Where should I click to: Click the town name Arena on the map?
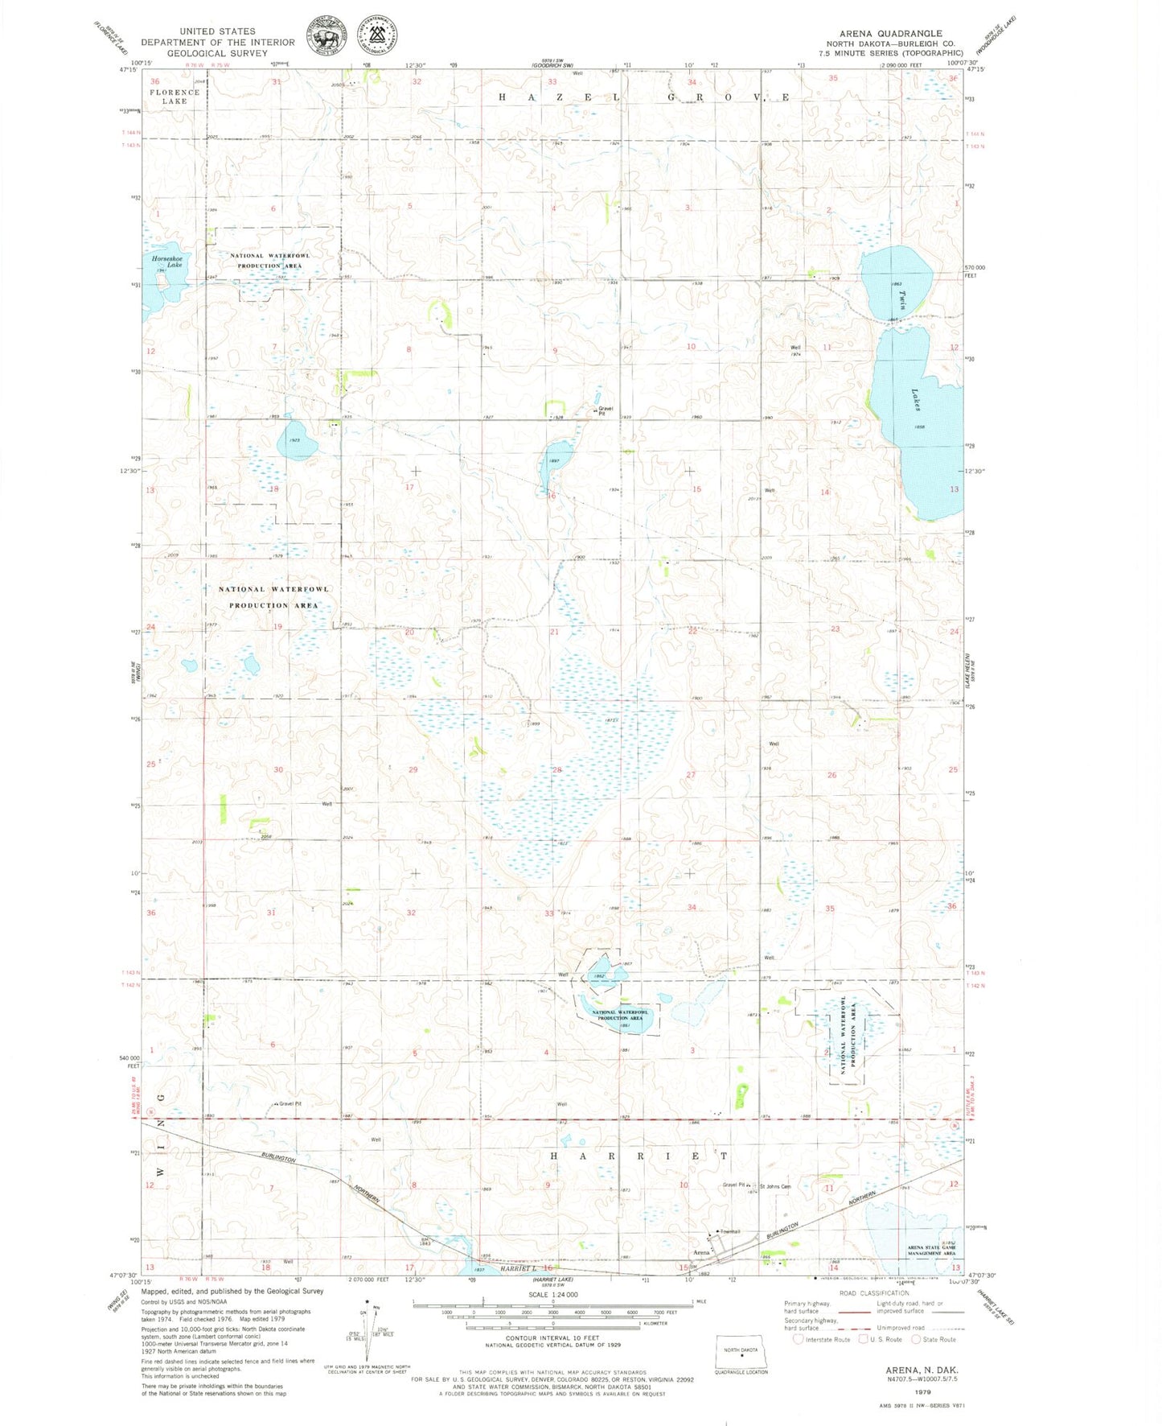(702, 1252)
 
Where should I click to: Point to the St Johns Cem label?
(775, 1186)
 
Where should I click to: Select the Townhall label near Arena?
(729, 1232)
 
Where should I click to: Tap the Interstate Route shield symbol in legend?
(798, 1339)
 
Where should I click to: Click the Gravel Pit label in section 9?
(606, 410)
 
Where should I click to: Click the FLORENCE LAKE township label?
(175, 97)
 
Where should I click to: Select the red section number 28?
(556, 770)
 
